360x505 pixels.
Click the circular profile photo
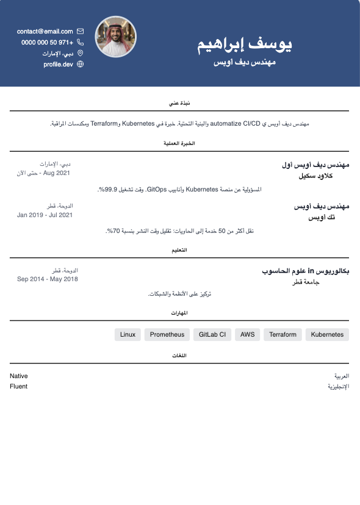coord(116,37)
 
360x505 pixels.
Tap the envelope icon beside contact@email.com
coord(81,31)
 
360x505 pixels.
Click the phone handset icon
coord(81,42)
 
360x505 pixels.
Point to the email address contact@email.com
coord(45,31)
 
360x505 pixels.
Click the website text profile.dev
coord(58,64)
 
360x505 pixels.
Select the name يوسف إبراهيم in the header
coord(245,45)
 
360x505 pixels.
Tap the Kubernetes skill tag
coord(328,334)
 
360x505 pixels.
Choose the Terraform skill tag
coord(283,334)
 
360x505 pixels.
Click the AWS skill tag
coord(247,334)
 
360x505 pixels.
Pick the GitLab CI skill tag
coord(212,334)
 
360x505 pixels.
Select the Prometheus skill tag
coord(167,334)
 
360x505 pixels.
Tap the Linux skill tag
coord(128,334)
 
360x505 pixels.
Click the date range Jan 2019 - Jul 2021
coord(45,215)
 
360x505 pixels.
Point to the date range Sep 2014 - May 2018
coord(47,279)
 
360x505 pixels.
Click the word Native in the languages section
coord(19,376)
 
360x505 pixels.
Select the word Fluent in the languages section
coord(19,386)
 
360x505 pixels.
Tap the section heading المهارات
coord(179,313)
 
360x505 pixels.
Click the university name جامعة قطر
coord(303,282)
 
